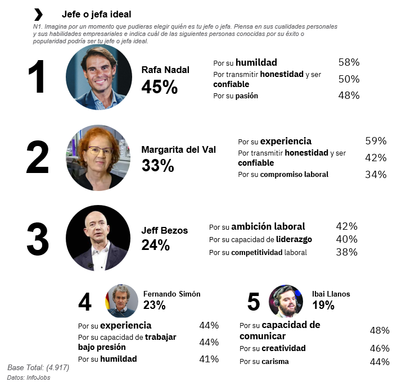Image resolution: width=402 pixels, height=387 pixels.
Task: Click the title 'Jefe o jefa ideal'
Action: click(x=96, y=14)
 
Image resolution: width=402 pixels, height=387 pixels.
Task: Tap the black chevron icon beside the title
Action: click(x=38, y=14)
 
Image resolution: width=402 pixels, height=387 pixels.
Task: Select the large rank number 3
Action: click(x=37, y=239)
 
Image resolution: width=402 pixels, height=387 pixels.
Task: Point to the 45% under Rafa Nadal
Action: click(x=159, y=87)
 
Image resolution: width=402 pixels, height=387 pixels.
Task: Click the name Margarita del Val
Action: click(x=178, y=149)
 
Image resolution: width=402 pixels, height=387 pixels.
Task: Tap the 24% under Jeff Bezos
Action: click(x=155, y=245)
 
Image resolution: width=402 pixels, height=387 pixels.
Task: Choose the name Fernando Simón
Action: click(x=171, y=294)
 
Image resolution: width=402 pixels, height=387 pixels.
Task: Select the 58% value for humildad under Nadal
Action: click(x=349, y=62)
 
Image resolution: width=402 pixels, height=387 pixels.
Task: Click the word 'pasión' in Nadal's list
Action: click(x=247, y=96)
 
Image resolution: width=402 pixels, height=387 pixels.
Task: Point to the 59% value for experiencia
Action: click(x=376, y=141)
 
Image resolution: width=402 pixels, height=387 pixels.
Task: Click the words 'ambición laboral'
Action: click(x=268, y=226)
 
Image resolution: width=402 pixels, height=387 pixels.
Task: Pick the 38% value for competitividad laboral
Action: click(x=346, y=252)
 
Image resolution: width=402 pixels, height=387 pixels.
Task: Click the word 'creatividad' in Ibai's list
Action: click(x=283, y=348)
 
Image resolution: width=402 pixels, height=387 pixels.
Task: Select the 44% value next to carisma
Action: click(x=380, y=362)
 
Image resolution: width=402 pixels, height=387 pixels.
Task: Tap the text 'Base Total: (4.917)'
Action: click(x=38, y=367)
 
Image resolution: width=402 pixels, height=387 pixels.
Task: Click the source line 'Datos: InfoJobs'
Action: click(x=29, y=377)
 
